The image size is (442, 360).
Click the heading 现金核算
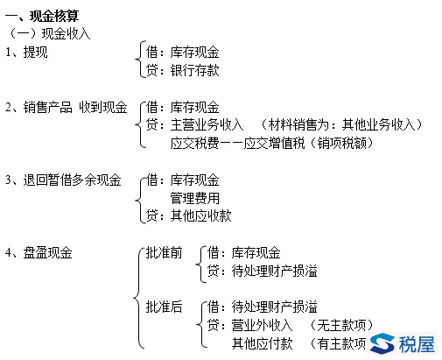click(x=54, y=16)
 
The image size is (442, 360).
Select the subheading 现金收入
click(x=66, y=33)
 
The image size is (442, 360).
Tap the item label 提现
click(x=35, y=53)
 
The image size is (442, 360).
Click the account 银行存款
click(x=194, y=70)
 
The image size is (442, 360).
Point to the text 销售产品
click(x=47, y=107)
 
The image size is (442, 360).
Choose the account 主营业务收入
click(x=207, y=124)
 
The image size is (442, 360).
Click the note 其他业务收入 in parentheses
click(x=379, y=124)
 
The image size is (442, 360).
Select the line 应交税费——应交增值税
click(x=237, y=143)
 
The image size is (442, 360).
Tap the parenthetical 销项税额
click(x=341, y=143)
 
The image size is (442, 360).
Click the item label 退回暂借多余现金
click(x=72, y=180)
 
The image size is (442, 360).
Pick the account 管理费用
click(x=194, y=198)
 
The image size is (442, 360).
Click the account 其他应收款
click(x=200, y=215)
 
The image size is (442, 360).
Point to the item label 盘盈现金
click(x=47, y=252)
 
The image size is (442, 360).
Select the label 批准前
click(x=164, y=252)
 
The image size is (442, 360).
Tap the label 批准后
click(x=164, y=307)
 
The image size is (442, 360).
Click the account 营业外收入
click(x=262, y=325)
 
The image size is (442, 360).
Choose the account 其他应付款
click(x=262, y=343)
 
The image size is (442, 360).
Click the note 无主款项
click(x=341, y=325)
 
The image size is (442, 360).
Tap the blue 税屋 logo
click(x=403, y=343)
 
